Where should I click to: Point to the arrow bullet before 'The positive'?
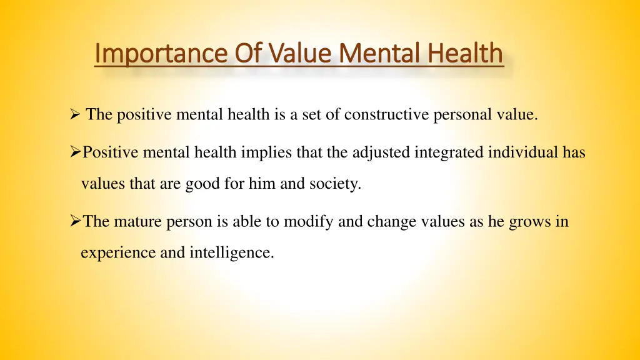pos(74,114)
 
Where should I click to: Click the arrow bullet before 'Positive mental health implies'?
pos(75,152)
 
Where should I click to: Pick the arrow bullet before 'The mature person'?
pos(75,221)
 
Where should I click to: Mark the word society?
pos(340,184)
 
